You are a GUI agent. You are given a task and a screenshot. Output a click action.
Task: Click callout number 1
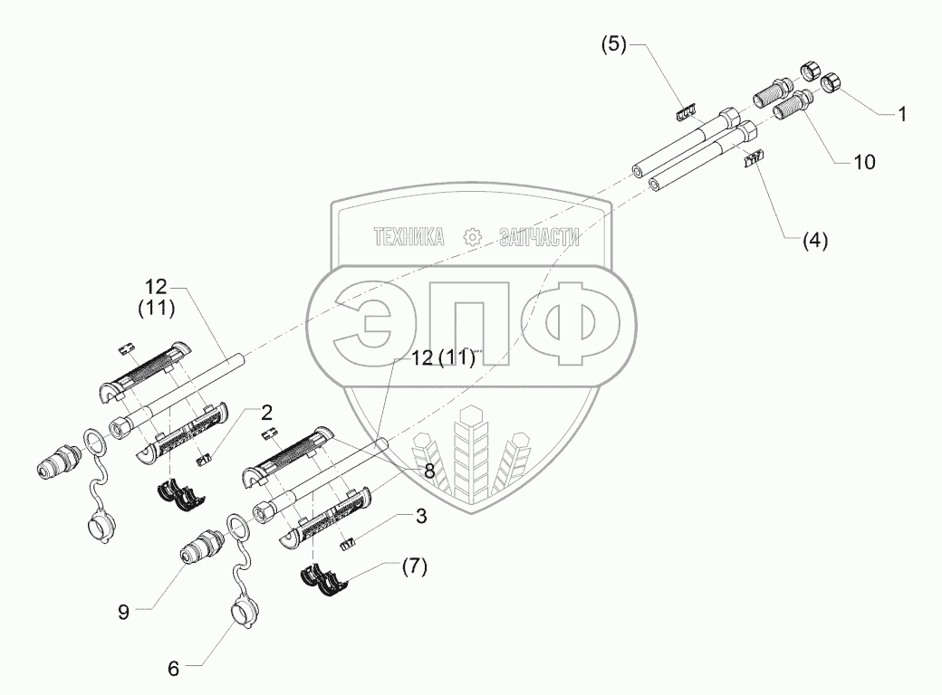tap(902, 115)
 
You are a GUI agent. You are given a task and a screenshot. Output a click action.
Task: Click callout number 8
tap(428, 470)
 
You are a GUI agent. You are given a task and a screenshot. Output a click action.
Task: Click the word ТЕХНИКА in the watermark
tap(409, 237)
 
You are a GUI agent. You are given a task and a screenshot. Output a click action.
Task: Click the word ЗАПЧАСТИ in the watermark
tap(538, 237)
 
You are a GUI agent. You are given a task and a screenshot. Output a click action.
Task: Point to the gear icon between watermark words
tap(471, 237)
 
